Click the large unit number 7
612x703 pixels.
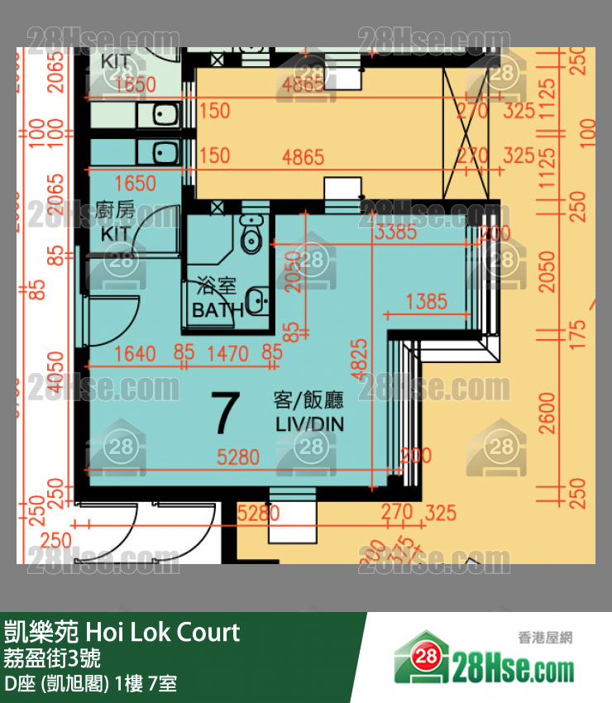[225, 414]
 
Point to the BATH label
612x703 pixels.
[218, 310]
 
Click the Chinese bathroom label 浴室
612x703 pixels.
[217, 288]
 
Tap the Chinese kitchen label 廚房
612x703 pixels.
[115, 210]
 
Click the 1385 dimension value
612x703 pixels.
[427, 302]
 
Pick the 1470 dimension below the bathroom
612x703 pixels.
[227, 354]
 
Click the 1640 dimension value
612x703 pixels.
[135, 354]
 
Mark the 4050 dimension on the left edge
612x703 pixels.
[55, 371]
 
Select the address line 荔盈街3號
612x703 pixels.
[53, 659]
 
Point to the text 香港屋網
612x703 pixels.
[545, 638]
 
